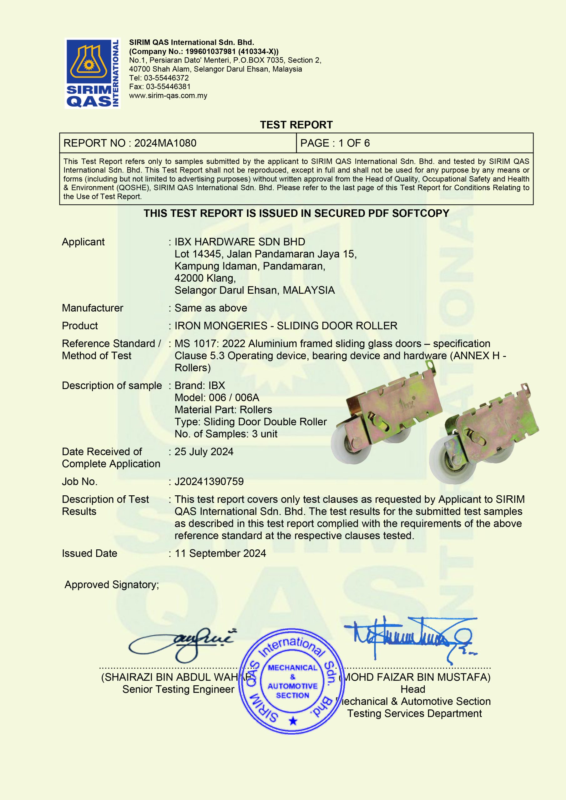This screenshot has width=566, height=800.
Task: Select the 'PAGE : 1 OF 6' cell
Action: tap(335, 143)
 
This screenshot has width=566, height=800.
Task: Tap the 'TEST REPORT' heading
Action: tap(296, 125)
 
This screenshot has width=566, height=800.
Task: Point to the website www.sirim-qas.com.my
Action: tap(168, 96)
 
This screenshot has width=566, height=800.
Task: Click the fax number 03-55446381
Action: tap(168, 87)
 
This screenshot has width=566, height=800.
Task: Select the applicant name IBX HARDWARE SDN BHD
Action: tap(240, 242)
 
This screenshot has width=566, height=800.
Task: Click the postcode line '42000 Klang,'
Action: tap(205, 278)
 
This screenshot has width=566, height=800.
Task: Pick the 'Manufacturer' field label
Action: tap(93, 308)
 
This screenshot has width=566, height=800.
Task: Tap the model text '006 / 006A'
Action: tap(234, 397)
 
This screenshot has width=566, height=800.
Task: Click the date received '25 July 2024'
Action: tap(204, 452)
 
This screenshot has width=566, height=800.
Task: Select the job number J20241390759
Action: tap(209, 482)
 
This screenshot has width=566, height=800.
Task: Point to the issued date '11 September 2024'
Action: tap(220, 553)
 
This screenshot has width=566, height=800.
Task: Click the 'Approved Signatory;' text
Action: tap(112, 585)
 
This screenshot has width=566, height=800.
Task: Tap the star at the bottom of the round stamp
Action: tap(293, 721)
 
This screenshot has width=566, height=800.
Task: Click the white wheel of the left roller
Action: tap(352, 448)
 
